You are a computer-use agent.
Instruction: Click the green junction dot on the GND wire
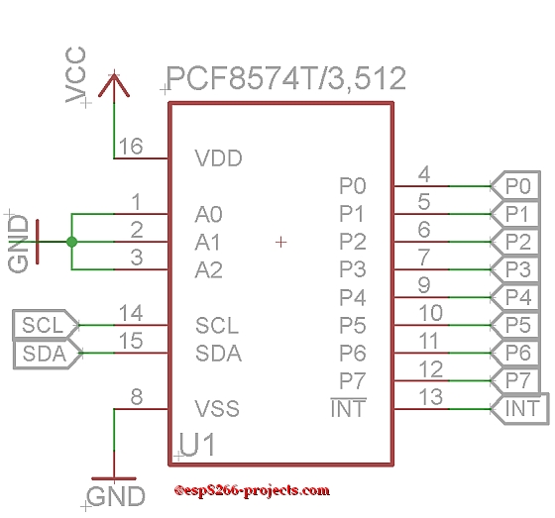point(71,242)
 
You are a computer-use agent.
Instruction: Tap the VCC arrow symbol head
point(114,84)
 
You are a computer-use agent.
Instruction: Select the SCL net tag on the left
point(45,325)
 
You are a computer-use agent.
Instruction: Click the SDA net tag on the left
point(47,354)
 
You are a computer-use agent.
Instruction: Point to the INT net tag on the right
point(520,408)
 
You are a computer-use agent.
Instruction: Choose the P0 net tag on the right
point(516,186)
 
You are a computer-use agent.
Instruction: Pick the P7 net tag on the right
point(516,380)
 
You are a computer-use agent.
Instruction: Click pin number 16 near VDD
point(131,147)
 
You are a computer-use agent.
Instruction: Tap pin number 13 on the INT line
point(431,396)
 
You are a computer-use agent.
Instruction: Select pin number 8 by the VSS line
point(137,396)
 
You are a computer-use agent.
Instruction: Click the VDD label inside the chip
point(218,158)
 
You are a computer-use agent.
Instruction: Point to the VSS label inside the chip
point(217,409)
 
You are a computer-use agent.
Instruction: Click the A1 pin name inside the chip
point(208,243)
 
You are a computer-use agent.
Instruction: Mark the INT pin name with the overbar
point(349,408)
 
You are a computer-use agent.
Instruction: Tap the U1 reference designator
point(197,445)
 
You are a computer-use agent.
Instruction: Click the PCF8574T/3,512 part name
point(286,79)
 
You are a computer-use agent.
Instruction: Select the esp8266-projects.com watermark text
point(252,490)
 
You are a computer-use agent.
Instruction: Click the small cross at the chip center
point(281,243)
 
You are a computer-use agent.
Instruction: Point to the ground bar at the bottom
point(114,478)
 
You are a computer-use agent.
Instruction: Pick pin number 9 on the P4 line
point(424,285)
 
